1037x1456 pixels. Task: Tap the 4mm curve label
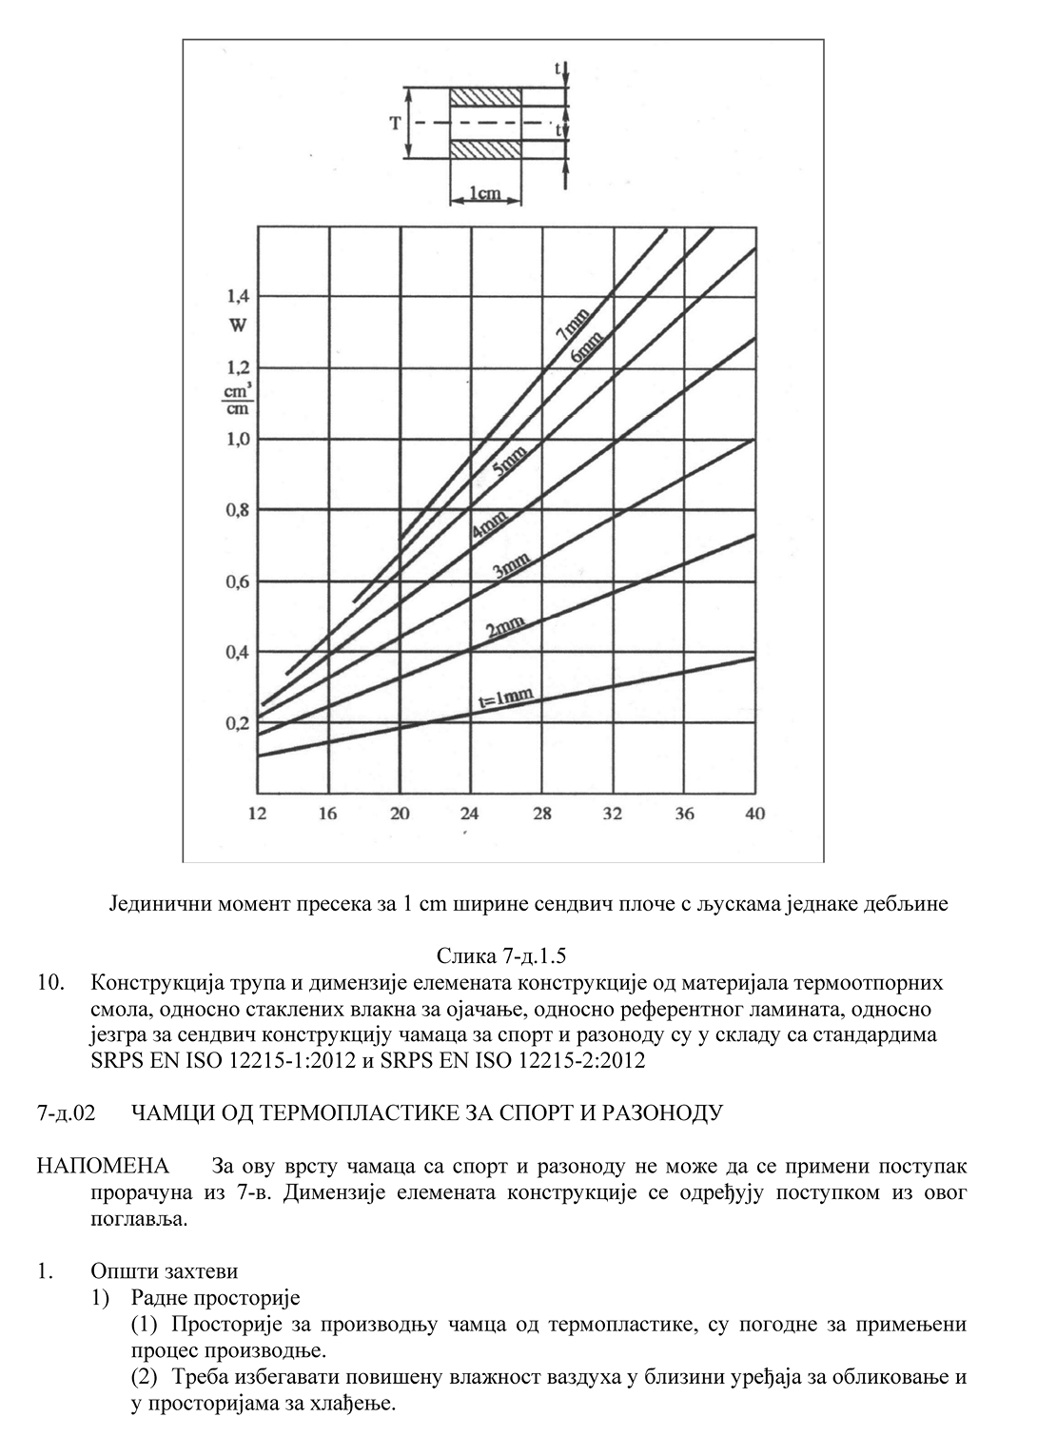point(489,525)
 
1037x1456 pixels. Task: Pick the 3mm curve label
point(511,569)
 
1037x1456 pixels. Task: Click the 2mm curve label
point(505,627)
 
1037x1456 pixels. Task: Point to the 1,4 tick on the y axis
point(238,296)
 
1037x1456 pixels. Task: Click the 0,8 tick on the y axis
point(238,510)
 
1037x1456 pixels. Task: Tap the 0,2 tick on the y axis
point(238,724)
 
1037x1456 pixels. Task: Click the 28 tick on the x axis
point(541,814)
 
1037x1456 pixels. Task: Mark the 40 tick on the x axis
point(754,814)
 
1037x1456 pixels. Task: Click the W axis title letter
point(238,325)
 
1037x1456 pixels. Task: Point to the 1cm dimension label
point(485,194)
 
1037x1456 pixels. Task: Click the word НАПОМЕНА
point(103,1167)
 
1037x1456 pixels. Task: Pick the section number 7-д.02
point(67,1112)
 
